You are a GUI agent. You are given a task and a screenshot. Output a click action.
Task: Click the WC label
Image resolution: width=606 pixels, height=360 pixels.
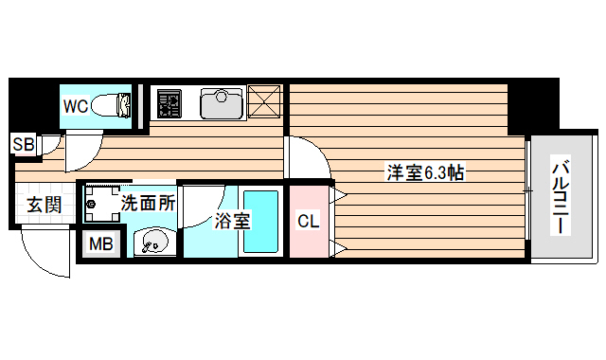[76, 106]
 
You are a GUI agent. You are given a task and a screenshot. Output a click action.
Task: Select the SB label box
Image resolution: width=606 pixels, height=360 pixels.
[23, 144]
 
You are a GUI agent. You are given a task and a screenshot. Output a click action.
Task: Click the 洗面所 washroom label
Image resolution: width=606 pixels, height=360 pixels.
[147, 202]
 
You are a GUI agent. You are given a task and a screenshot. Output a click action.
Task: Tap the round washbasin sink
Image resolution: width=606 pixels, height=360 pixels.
[151, 243]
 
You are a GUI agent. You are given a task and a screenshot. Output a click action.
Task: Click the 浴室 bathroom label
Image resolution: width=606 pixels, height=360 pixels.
[231, 223]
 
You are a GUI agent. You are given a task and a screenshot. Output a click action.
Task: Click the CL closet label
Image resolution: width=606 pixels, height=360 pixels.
[309, 222]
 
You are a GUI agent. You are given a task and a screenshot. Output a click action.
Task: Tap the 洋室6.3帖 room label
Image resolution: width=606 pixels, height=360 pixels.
[423, 173]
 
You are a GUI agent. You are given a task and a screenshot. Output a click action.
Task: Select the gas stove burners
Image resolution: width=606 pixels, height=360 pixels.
[171, 102]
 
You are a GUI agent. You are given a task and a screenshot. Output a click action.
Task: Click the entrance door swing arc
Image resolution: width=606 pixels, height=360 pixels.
[38, 254]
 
